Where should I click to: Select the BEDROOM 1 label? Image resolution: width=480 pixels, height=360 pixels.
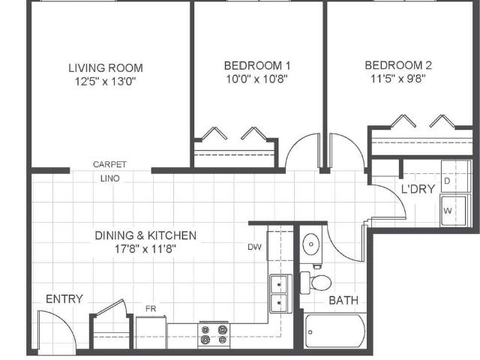256,64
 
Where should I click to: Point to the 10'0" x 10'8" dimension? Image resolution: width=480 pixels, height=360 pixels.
256,77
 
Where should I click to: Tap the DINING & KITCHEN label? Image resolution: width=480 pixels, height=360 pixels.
145,235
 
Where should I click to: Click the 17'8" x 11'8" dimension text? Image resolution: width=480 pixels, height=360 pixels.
145,249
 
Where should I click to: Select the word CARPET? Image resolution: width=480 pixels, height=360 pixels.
109,164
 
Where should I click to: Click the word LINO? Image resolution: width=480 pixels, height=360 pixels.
109,178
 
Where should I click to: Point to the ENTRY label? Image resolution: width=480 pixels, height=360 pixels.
64,299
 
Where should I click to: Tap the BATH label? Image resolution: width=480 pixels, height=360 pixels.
343,301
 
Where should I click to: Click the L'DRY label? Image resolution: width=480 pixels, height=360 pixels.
418,190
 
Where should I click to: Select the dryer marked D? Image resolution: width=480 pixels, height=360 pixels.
447,181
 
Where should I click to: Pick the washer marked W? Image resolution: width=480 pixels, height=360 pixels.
448,211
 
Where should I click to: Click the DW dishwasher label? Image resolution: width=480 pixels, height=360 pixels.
255,248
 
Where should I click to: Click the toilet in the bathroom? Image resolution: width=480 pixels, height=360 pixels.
317,283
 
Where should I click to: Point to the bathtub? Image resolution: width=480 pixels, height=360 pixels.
335,331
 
